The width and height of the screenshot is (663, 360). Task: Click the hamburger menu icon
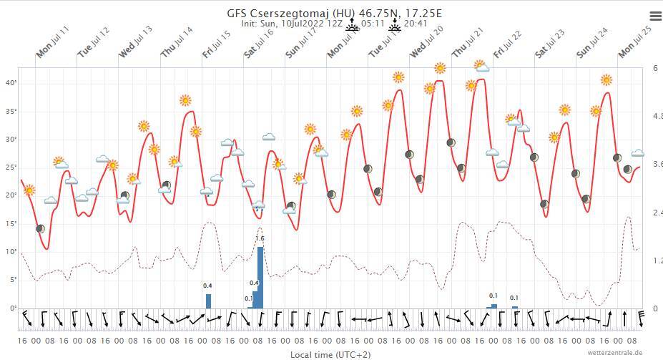(655, 16)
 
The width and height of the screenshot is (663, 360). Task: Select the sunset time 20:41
(416, 24)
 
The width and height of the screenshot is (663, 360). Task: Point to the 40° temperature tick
(11, 83)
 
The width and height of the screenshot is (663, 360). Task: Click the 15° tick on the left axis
(11, 223)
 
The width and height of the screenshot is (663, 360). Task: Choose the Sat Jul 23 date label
(549, 43)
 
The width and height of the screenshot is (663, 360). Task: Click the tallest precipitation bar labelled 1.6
(260, 278)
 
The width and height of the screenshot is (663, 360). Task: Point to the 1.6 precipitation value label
(260, 238)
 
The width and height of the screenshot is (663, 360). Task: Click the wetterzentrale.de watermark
(615, 353)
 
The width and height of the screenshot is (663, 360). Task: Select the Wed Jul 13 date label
(135, 42)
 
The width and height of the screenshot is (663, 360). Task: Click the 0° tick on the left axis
(12, 308)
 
